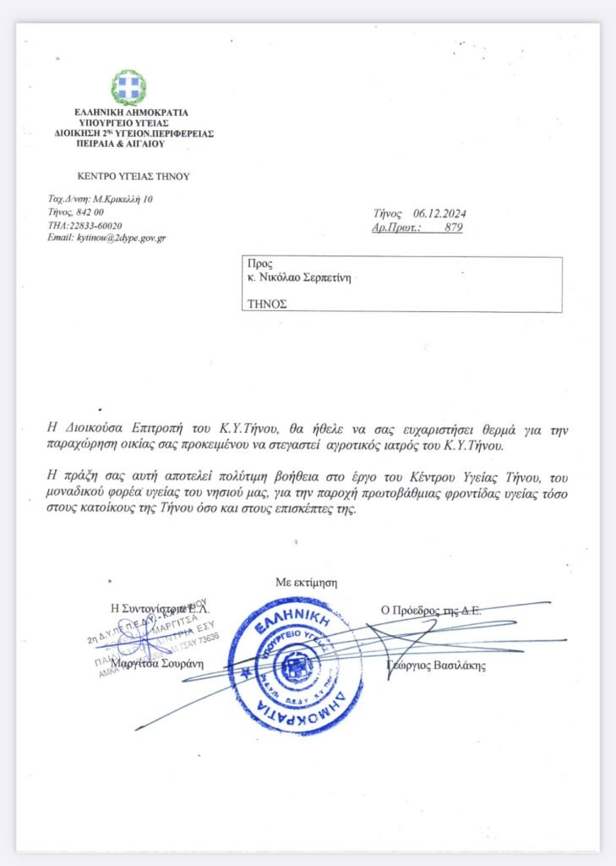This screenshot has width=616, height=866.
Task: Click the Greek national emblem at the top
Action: click(x=128, y=87)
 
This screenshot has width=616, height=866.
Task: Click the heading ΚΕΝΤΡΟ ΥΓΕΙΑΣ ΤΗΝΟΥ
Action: click(x=134, y=177)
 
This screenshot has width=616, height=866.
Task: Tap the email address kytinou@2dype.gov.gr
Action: click(x=119, y=238)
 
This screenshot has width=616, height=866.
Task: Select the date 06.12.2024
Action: click(x=441, y=214)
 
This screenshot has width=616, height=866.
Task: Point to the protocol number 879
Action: click(x=453, y=227)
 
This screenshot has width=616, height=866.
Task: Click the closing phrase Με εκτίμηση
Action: click(x=306, y=582)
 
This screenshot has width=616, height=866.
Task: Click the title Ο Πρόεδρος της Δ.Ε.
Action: click(x=430, y=609)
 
